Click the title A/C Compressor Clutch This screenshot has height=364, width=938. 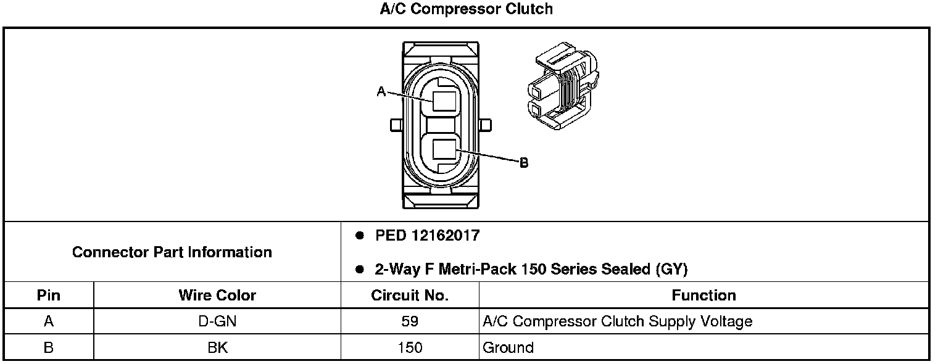coord(466,9)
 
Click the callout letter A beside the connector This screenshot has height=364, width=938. coord(381,92)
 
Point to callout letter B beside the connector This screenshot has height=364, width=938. coord(523,163)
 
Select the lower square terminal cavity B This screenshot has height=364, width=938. coord(444,150)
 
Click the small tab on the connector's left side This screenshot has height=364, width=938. coord(396,125)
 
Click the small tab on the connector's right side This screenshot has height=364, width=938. coord(484,125)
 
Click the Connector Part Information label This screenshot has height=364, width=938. coord(172,252)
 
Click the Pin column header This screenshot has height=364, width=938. coord(49,296)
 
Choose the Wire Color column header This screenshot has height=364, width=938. coord(217,296)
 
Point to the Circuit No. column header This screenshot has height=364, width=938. coord(410,296)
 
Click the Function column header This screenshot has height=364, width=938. coord(703,296)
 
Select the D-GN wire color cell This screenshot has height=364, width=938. coord(217,321)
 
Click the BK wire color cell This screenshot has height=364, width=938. coord(217,348)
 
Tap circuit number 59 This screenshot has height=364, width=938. coord(410,321)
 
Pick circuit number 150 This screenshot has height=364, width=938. coord(410,348)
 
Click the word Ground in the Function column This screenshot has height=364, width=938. coord(508,348)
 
